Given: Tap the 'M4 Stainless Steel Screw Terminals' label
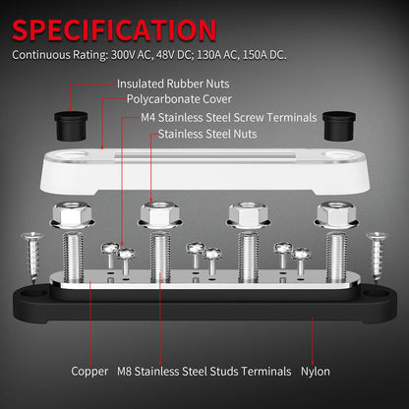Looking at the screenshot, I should coord(230,117).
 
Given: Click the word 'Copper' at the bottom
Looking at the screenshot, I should coord(89,372).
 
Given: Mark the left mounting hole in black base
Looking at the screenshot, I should coord(39,293).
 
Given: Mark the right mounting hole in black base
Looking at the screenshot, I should coord(371,293).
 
